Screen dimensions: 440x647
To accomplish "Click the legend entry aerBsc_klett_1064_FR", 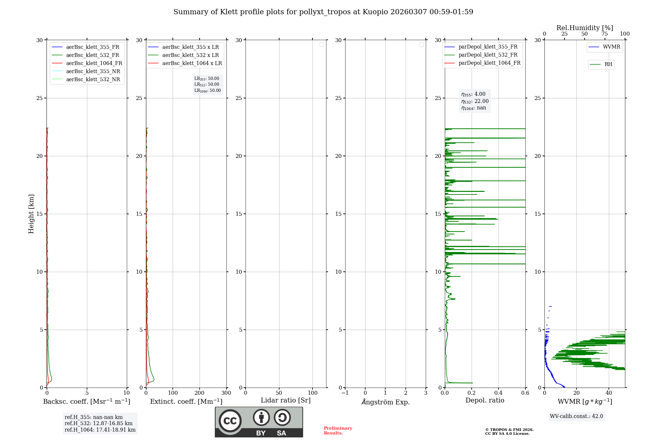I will click(94, 63).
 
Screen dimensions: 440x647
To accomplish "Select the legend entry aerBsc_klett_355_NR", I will click(93, 71).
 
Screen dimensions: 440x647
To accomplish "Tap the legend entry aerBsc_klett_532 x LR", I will click(190, 55).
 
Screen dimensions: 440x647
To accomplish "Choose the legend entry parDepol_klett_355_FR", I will click(488, 47).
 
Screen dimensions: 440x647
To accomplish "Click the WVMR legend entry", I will click(611, 47).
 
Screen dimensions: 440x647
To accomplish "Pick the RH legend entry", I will click(608, 64).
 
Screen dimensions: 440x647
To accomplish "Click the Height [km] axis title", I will click(31, 214).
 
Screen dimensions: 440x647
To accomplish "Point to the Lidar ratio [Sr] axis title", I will click(285, 401).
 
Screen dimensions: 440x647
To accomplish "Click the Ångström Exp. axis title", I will click(385, 402).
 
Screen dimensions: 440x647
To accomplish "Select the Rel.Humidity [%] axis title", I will click(585, 28).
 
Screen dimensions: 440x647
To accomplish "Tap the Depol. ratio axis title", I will click(485, 401).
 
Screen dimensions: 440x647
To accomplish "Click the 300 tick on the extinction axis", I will click(226, 393).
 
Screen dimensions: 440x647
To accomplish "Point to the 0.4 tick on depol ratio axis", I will click(498, 393).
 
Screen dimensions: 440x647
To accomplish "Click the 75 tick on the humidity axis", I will click(604, 34).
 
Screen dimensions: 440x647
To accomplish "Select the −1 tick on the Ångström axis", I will click(345, 393).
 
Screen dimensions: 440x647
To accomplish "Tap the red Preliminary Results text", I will click(338, 431).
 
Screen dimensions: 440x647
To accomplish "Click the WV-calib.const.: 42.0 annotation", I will click(576, 416).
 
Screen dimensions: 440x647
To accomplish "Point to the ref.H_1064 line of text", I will click(100, 430).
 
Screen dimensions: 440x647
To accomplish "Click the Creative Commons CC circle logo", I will click(230, 421).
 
